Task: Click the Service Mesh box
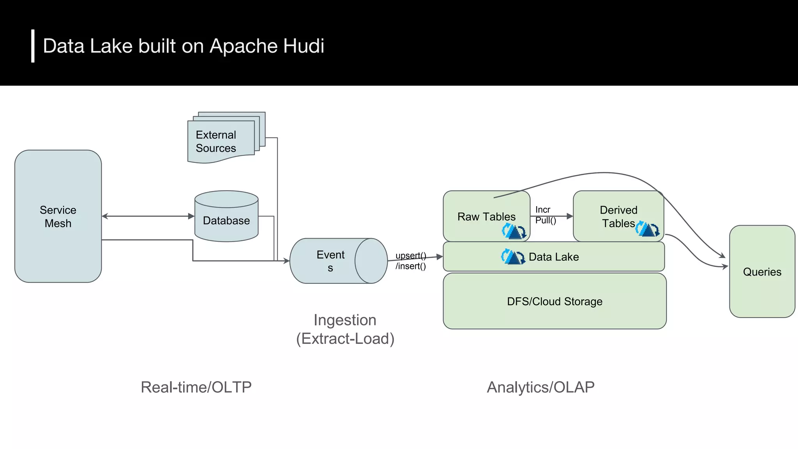click(58, 216)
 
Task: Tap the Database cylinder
click(226, 220)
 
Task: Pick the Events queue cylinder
click(331, 261)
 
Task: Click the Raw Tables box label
click(486, 216)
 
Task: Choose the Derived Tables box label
click(618, 216)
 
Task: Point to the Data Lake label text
click(554, 257)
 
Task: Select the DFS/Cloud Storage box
click(554, 301)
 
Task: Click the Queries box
click(762, 272)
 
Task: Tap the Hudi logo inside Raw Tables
click(514, 231)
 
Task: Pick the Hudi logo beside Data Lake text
click(513, 257)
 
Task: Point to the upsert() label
click(411, 256)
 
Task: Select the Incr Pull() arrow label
click(545, 215)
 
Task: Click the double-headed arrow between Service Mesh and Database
click(148, 216)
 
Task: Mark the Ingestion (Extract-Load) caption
click(345, 329)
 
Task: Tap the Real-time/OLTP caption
click(196, 387)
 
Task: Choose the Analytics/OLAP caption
click(540, 387)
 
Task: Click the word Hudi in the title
click(304, 46)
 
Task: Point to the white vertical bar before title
click(33, 46)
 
